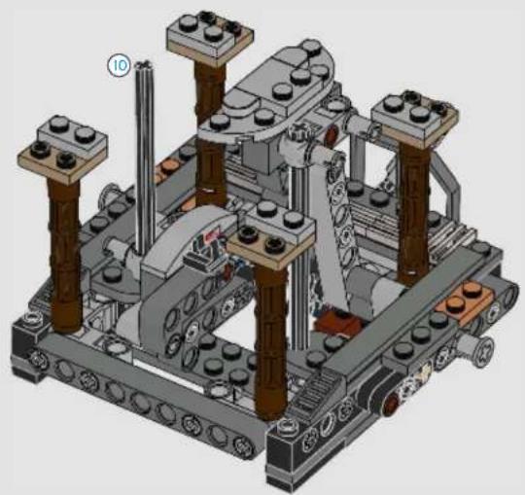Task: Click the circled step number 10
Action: click(119, 65)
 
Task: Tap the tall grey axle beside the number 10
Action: click(145, 158)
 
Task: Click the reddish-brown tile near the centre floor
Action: click(338, 322)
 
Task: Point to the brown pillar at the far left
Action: click(64, 255)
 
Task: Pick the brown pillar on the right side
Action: click(414, 214)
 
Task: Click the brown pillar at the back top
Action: click(210, 134)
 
